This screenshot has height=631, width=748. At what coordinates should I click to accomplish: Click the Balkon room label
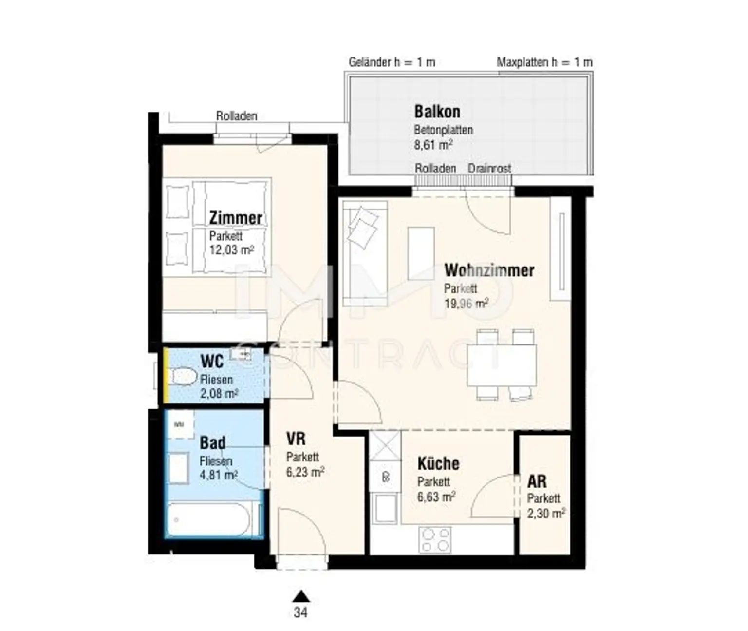point(437,112)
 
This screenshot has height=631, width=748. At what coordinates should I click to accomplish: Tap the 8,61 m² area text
point(433,145)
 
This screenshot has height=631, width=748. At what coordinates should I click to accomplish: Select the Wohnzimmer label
point(489,270)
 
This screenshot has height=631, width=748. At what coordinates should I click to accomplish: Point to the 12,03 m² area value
point(232,249)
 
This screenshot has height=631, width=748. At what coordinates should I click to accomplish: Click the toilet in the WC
point(183,377)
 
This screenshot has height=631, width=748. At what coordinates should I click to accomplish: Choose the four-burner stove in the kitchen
point(435,539)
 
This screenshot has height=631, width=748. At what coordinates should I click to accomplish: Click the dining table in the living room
point(502,365)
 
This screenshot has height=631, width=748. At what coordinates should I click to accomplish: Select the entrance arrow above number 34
point(301,596)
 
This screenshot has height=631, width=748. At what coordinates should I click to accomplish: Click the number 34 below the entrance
point(300,612)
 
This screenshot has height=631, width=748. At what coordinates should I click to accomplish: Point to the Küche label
point(438,463)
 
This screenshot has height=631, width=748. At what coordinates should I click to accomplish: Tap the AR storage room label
point(537,481)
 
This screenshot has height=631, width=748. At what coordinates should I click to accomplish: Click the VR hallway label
point(296,439)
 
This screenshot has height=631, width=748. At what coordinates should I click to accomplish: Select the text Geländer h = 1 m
point(392,62)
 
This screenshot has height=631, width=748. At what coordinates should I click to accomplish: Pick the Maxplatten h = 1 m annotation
point(544,62)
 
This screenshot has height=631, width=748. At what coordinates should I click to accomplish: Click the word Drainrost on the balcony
point(489,168)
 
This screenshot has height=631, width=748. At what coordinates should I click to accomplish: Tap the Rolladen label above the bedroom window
point(237,116)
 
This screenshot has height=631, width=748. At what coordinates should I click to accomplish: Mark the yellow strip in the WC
point(166,375)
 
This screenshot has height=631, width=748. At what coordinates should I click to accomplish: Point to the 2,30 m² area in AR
point(546,514)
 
